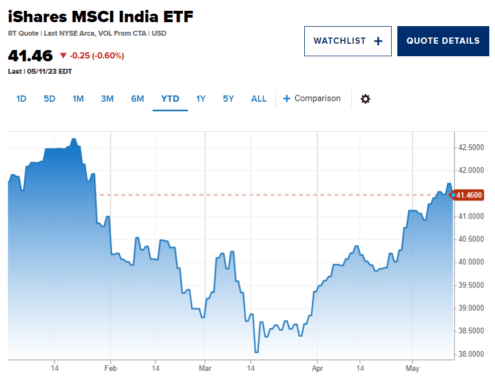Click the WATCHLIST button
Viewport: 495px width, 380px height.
pyautogui.click(x=347, y=41)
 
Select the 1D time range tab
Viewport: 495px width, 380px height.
pyautogui.click(x=21, y=99)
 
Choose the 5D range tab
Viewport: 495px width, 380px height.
pyautogui.click(x=49, y=99)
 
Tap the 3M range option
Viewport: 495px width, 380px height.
pyautogui.click(x=107, y=99)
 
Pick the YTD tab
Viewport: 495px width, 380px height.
pyautogui.click(x=170, y=99)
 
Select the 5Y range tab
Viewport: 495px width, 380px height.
pyautogui.click(x=228, y=99)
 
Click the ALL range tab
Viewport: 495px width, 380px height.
pyautogui.click(x=259, y=99)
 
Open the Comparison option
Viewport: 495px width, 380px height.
pyautogui.click(x=312, y=99)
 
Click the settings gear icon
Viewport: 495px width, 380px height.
pyautogui.click(x=366, y=99)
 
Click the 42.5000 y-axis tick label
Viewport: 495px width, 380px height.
pyautogui.click(x=471, y=148)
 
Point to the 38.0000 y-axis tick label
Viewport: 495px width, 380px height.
pyautogui.click(x=471, y=354)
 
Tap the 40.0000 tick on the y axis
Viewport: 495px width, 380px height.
pyautogui.click(x=471, y=262)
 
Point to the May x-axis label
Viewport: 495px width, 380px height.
pyautogui.click(x=413, y=369)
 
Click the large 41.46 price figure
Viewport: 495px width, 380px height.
pyautogui.click(x=30, y=56)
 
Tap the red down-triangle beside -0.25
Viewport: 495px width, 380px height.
pyautogui.click(x=63, y=56)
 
